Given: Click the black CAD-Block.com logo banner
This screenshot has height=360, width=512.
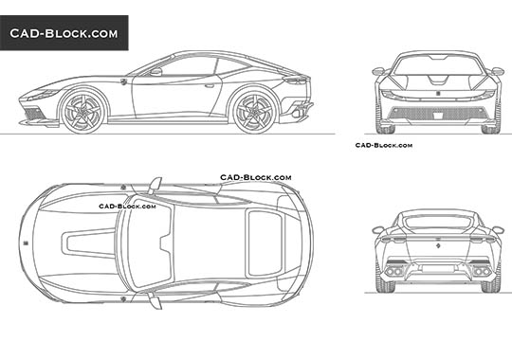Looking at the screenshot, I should coord(64,33).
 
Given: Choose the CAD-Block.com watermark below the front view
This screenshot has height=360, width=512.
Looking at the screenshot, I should coord(383,145).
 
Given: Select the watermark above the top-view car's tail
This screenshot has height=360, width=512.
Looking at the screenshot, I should coord(256,177).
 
